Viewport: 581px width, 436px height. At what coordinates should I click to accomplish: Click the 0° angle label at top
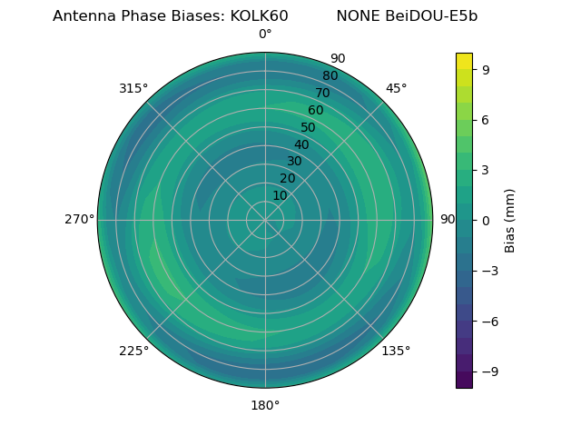coord(265,35)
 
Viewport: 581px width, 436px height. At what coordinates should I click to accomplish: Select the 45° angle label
coord(396,88)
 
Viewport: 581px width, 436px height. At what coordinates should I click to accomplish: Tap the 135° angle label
coord(396,351)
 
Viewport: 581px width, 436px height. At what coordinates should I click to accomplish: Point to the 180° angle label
coord(265,405)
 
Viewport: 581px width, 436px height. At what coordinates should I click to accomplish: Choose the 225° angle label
coord(133,351)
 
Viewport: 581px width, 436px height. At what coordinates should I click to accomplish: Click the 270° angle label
coord(79,220)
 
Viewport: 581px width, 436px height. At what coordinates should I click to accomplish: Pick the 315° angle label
coord(133,88)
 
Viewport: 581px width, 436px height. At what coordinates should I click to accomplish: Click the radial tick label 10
coord(280,195)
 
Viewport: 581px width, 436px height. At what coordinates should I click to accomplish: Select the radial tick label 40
coord(301,144)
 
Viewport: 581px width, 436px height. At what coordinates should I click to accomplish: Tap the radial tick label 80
coord(330,76)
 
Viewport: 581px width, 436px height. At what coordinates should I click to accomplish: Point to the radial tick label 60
coord(315,110)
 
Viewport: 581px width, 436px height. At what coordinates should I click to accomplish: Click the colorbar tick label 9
coord(487,68)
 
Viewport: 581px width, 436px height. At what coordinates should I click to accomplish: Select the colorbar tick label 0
coord(487,220)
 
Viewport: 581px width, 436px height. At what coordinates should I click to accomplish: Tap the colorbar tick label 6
coord(487,119)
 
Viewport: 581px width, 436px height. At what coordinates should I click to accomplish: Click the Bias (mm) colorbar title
coord(510,220)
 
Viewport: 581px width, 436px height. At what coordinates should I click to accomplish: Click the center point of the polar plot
coord(265,220)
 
